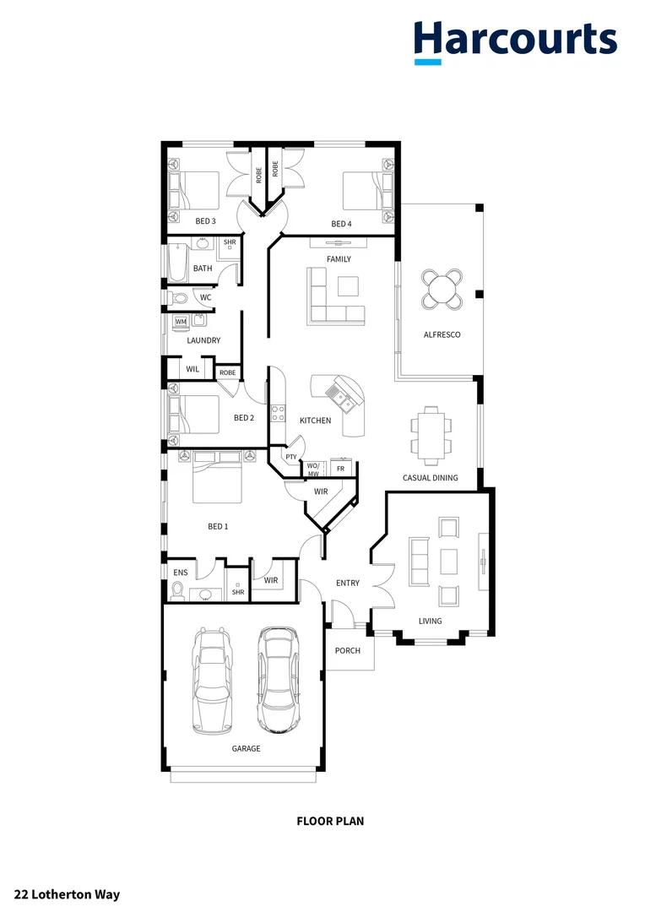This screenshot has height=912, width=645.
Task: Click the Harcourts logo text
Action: (515, 39)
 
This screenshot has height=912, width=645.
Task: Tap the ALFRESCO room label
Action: (442, 335)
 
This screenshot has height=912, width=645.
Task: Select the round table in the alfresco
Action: (442, 289)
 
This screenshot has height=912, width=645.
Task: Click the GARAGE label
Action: (247, 749)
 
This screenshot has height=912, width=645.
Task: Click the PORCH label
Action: (347, 650)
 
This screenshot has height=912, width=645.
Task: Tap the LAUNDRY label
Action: (203, 340)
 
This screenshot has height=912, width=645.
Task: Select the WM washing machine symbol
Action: (181, 322)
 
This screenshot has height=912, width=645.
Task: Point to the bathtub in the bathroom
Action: (176, 263)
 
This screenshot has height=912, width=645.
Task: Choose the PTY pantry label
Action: (290, 457)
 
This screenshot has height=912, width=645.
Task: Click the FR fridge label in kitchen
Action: (340, 468)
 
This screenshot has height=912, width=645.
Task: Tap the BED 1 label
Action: (218, 526)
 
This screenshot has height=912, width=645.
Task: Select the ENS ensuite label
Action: (181, 573)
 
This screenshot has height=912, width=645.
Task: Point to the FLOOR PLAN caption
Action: (330, 820)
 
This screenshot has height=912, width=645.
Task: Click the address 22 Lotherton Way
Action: (67, 894)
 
